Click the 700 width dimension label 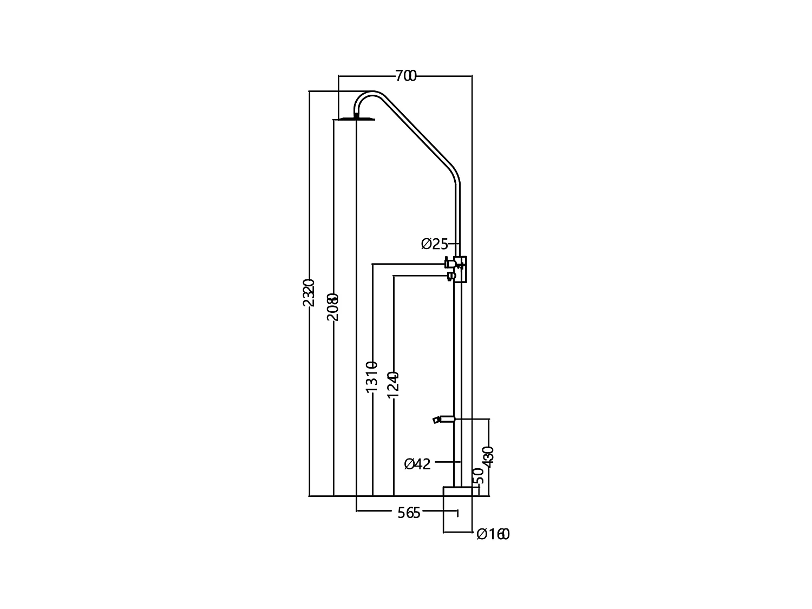point(405,76)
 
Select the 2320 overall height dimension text point(309,293)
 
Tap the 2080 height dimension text point(333,307)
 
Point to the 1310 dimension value point(371,377)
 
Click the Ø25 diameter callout point(435,244)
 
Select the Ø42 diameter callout point(417,464)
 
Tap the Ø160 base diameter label point(493,535)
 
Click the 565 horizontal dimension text point(409,513)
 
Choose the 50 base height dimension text point(479,476)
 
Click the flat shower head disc point(356,119)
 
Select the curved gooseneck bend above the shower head point(364,97)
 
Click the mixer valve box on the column point(461,269)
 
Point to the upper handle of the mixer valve point(449,264)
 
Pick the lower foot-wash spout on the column point(443,419)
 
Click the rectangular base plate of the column point(457,491)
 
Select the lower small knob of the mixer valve point(450,276)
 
